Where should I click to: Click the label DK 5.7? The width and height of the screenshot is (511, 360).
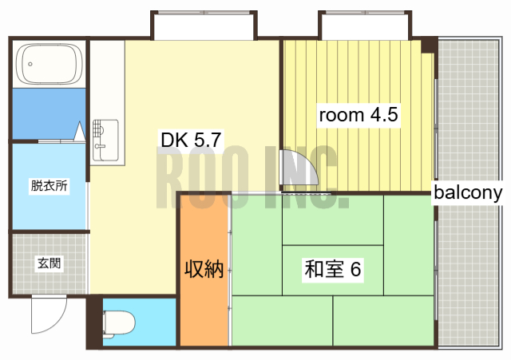point(191,140)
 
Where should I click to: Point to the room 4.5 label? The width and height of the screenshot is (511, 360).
point(358,115)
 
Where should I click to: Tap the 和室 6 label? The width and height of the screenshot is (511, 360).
point(333,270)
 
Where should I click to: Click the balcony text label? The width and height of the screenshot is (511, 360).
point(468,192)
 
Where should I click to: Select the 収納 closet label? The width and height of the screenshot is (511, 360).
point(204,269)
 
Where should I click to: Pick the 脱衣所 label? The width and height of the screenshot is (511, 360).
point(49,186)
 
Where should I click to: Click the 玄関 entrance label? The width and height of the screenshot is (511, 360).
point(49,262)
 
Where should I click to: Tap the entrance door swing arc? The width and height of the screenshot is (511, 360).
point(46,318)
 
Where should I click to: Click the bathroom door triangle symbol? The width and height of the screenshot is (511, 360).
point(81,132)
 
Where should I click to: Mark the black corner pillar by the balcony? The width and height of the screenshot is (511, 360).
point(430,44)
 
